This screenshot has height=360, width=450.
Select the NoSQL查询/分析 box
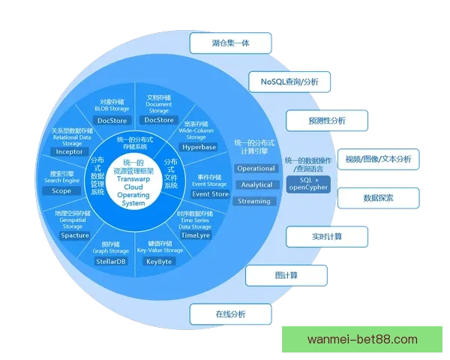289,81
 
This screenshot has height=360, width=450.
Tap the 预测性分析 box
327,119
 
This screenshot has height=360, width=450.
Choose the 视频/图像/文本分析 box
378,159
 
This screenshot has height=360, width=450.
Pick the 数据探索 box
378,198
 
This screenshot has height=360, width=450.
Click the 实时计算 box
327,237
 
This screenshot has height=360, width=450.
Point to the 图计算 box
286,275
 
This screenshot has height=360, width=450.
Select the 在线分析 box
231,313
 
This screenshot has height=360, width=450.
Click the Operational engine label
256,168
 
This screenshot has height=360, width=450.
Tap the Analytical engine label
256,184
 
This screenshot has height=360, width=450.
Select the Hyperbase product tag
199,148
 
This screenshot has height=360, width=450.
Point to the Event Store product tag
210,194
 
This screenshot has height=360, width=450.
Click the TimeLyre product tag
196,235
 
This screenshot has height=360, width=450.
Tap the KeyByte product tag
159,262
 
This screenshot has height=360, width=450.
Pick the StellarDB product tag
110,262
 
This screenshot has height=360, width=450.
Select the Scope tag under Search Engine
62,191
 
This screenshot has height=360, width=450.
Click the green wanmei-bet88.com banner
363,340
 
